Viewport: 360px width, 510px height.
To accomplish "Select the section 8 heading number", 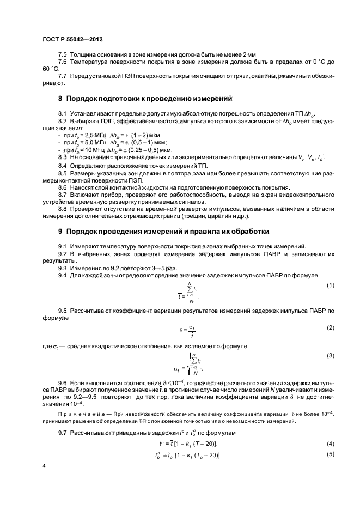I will pos(60,99).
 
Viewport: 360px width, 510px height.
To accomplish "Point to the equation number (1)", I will pos(330,286).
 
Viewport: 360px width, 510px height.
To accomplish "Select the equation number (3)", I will pos(330,355).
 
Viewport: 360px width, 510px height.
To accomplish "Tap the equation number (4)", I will pos(330,444).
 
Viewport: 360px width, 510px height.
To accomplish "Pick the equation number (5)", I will pos(330,454).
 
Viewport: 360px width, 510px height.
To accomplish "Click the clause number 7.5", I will pos(63,56).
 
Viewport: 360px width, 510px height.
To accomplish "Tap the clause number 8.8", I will pos(63,207).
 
